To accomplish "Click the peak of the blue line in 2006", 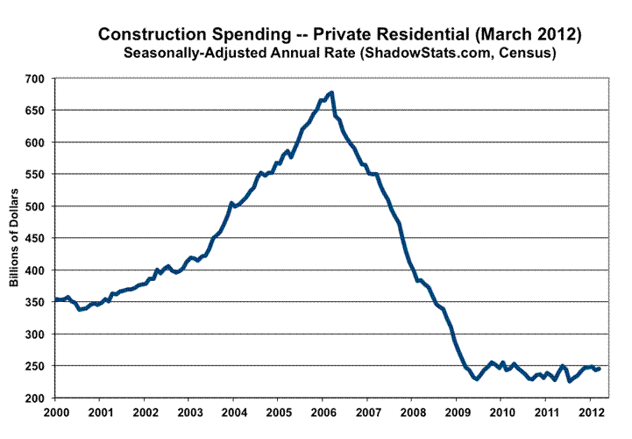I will [x=331, y=92].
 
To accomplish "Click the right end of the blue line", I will [x=600, y=369].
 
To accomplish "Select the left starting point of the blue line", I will [x=55, y=299].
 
